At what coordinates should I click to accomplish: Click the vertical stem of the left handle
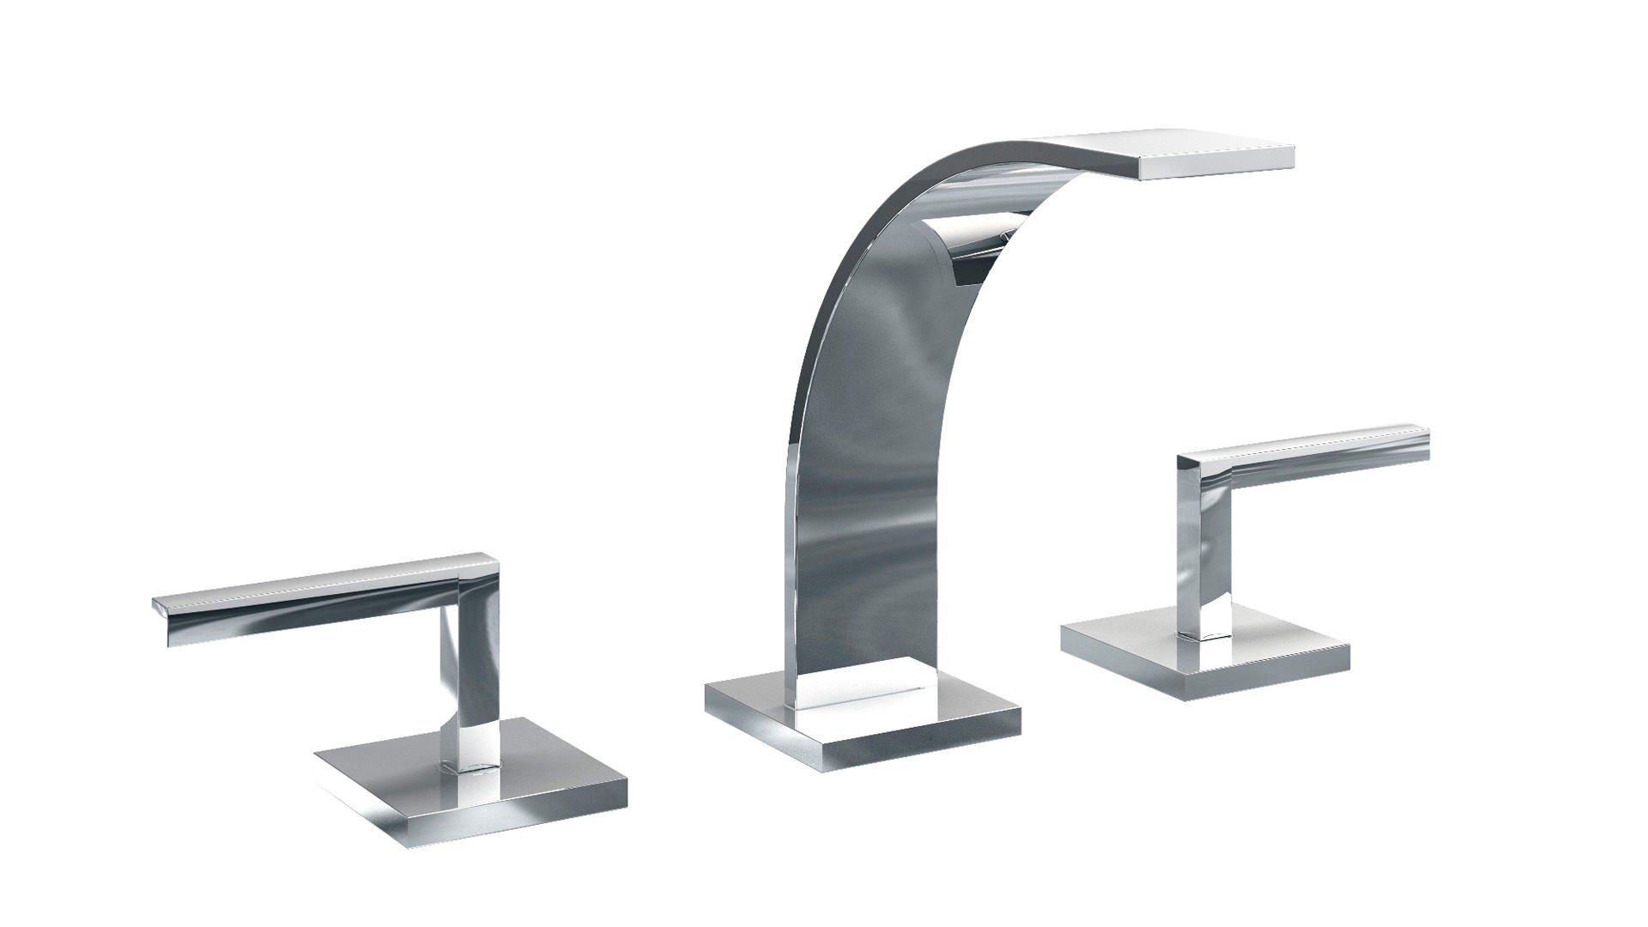470,678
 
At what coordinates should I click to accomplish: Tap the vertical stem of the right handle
1206,558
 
